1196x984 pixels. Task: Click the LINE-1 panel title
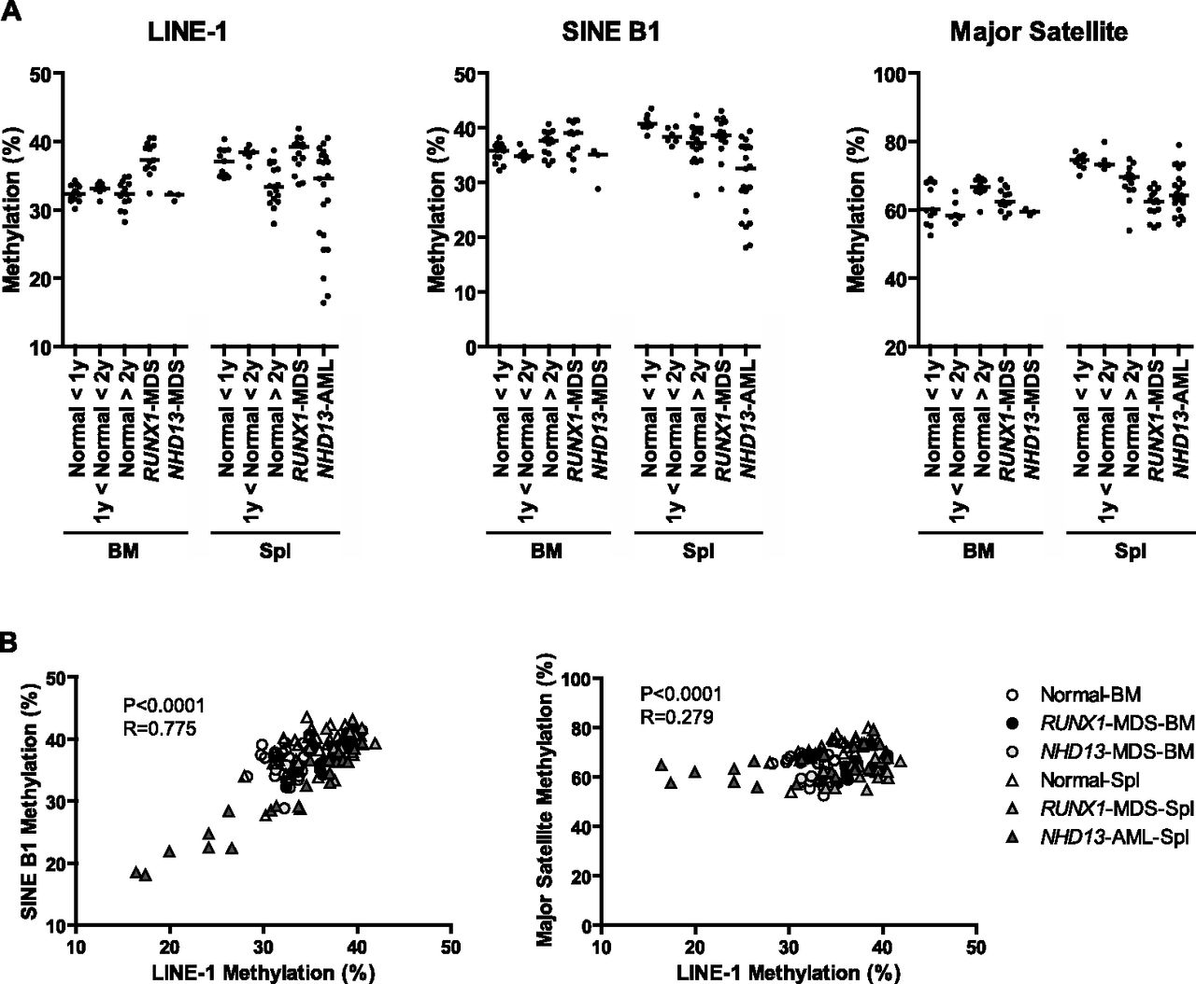point(187,32)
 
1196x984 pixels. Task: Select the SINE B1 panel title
point(611,32)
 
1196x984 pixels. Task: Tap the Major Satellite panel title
point(1039,32)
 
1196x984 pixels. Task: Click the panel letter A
point(11,11)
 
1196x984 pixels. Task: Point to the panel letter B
point(8,643)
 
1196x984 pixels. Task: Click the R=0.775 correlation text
point(160,729)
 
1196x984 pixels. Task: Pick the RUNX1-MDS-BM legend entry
point(1100,723)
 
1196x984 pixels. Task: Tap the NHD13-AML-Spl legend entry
point(1100,837)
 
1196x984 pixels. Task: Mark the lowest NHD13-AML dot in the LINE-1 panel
point(323,302)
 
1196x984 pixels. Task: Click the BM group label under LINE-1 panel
point(123,551)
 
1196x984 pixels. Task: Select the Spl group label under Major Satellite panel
point(1131,551)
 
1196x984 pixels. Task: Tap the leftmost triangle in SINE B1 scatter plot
point(135,872)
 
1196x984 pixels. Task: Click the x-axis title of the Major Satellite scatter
point(789,973)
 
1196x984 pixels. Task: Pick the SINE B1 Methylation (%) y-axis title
point(31,801)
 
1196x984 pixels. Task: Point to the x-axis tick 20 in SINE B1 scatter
point(169,948)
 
